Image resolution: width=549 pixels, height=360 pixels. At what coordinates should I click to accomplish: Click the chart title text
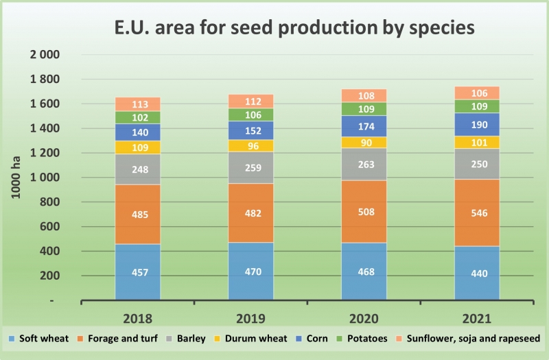point(294,29)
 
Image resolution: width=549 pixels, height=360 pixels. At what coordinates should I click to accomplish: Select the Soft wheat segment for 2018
point(138,272)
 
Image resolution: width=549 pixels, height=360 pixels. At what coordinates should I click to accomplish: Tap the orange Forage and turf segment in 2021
point(476,213)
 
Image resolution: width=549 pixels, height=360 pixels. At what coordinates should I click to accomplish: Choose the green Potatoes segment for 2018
point(138,117)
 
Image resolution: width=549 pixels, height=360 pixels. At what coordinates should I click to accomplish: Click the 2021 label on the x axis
point(476,317)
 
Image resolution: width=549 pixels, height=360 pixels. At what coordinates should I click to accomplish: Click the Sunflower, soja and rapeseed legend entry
point(467,339)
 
